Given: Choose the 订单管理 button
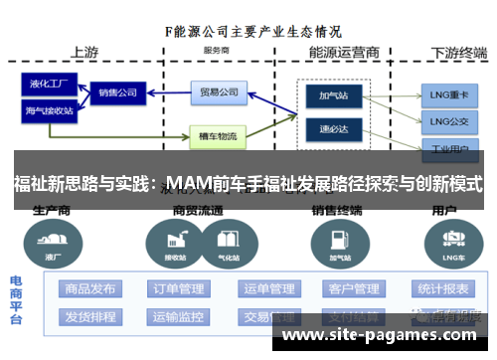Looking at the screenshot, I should (179, 289).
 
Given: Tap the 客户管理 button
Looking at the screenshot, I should (353, 289).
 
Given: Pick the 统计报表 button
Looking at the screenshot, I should (443, 289).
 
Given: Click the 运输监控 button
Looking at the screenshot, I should (179, 317).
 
